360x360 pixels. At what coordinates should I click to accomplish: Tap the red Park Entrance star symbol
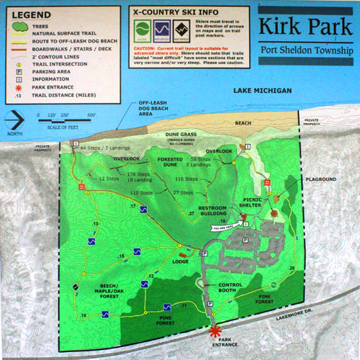point(215,332)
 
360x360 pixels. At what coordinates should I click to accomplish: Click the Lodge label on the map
point(181,262)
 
